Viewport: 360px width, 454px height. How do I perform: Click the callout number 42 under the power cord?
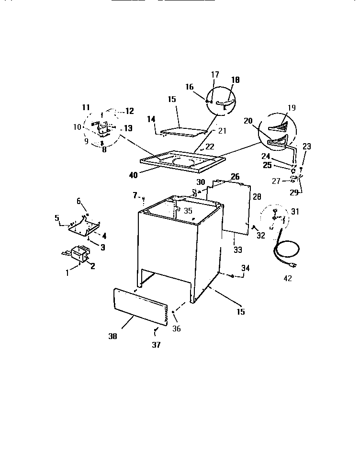288,278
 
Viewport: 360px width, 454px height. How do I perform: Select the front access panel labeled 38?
142,307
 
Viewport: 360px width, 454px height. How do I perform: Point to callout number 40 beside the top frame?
133,175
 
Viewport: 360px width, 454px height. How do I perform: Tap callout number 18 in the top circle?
236,80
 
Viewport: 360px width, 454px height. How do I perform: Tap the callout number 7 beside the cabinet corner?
135,195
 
